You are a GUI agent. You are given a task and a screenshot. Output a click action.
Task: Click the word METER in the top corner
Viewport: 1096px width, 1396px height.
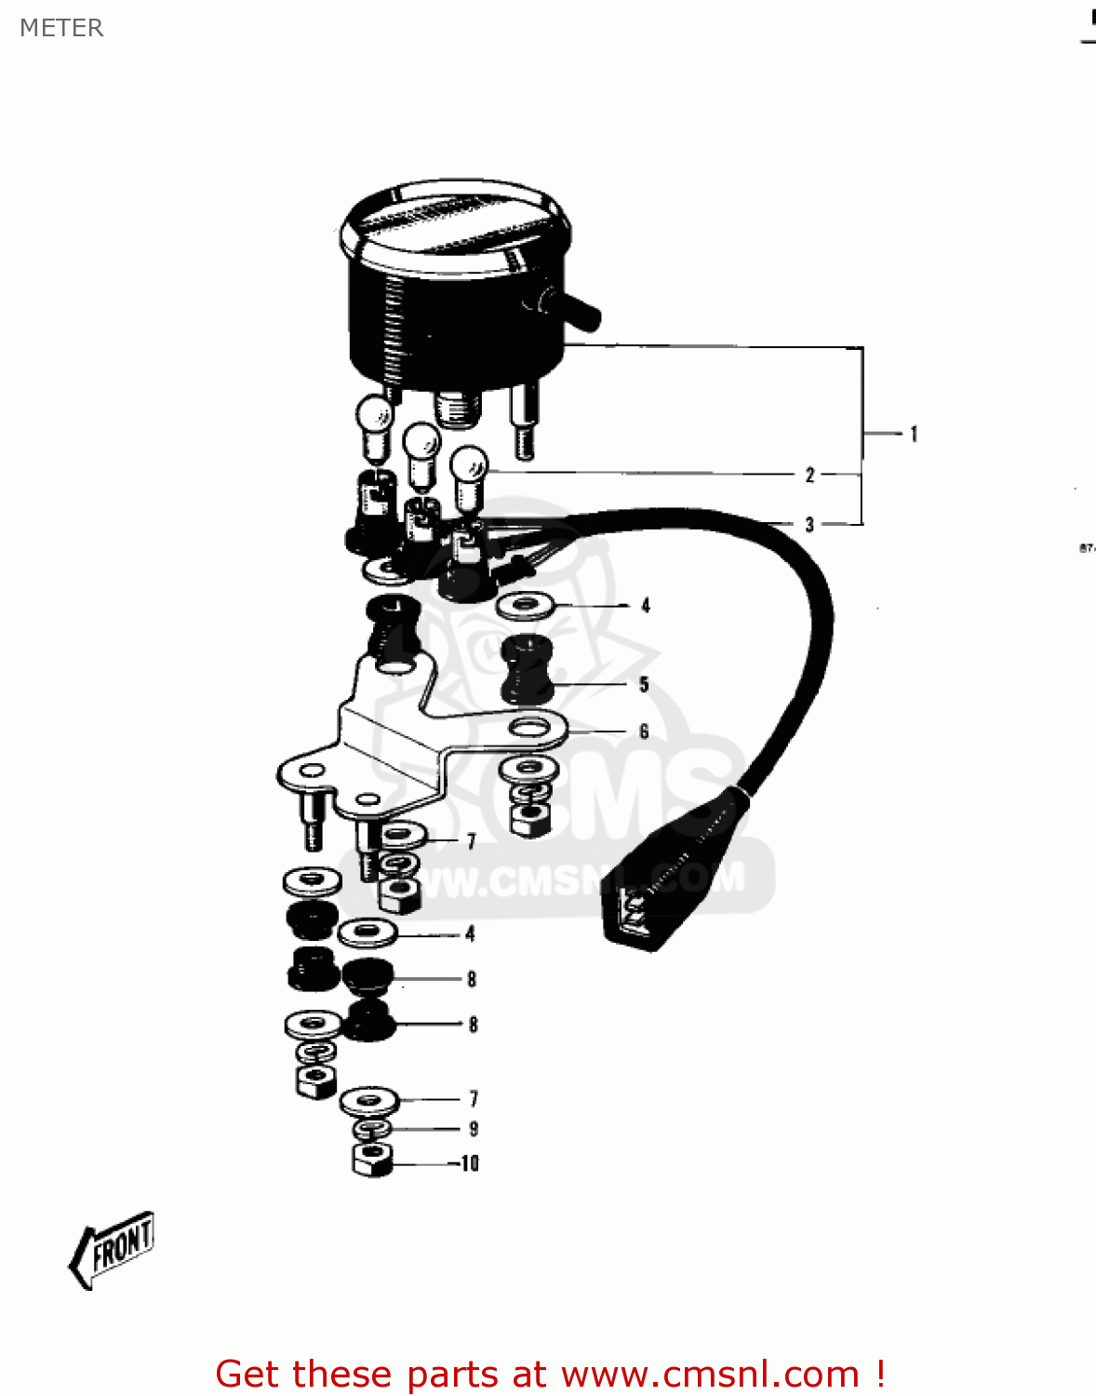pyautogui.click(x=61, y=28)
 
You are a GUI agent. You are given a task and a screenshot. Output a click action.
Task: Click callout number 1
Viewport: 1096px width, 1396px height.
pyautogui.click(x=914, y=434)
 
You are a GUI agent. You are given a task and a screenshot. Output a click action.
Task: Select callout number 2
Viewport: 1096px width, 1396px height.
pyautogui.click(x=809, y=475)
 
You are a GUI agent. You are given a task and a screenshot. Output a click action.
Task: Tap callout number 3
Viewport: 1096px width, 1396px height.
pyautogui.click(x=809, y=525)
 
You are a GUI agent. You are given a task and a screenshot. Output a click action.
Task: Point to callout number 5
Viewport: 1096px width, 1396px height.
pyautogui.click(x=644, y=685)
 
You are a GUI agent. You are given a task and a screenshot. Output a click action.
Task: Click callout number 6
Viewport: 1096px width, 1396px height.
pyautogui.click(x=644, y=732)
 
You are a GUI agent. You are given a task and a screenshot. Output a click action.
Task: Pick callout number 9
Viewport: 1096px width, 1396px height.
pyautogui.click(x=474, y=1129)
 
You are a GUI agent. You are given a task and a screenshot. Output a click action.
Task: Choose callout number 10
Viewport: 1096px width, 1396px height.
pyautogui.click(x=470, y=1163)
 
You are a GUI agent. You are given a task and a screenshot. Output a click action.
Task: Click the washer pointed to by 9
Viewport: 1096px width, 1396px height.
pyautogui.click(x=372, y=1129)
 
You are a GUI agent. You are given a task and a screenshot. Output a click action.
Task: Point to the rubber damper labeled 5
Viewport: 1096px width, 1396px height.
pyautogui.click(x=528, y=668)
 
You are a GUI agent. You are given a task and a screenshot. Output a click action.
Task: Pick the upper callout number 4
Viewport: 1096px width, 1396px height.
pyautogui.click(x=645, y=606)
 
